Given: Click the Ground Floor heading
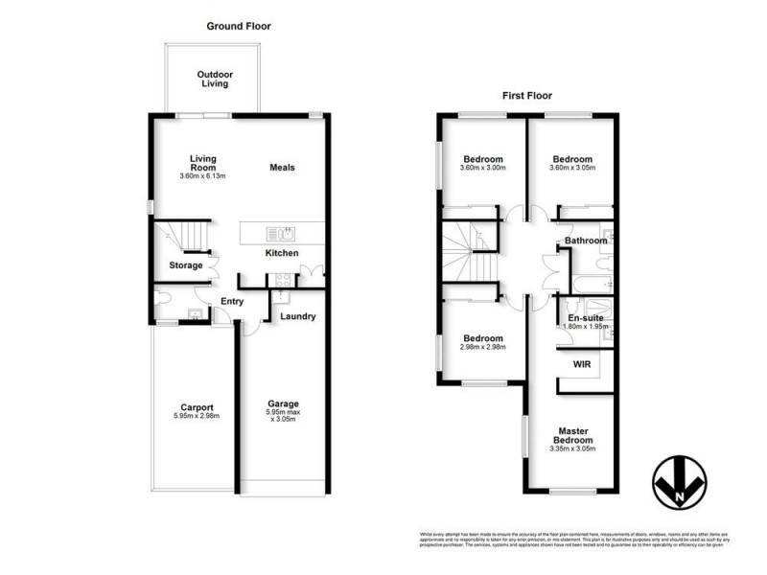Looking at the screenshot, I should [x=235, y=26].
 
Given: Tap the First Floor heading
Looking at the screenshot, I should [x=527, y=96].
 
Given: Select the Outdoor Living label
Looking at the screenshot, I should [x=215, y=80].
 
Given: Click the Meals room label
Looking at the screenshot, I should [x=282, y=168].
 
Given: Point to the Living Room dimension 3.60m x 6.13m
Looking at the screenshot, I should [x=201, y=176].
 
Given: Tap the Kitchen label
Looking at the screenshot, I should [x=282, y=253].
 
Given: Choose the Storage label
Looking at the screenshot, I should [x=186, y=265].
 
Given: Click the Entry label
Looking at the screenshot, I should [x=231, y=302].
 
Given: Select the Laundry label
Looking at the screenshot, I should [x=298, y=316].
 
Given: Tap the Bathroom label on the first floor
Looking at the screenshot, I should [x=586, y=241].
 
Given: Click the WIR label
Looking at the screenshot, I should [x=582, y=365].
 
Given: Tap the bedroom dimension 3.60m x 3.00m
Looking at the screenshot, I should [x=484, y=170].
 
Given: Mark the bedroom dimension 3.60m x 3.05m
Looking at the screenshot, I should [x=572, y=170].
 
